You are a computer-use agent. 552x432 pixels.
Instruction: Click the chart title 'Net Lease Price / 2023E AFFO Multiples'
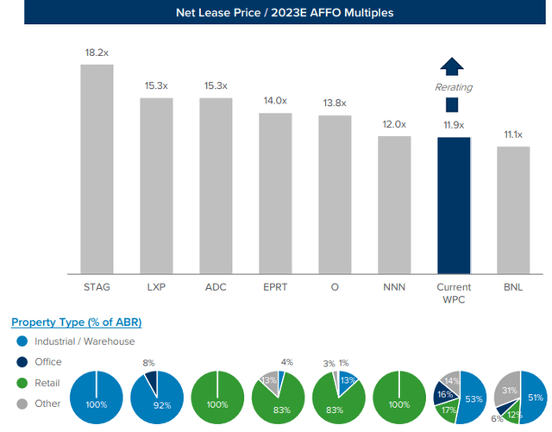pyautogui.click(x=276, y=13)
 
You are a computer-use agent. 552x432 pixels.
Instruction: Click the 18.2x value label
pyautogui.click(x=97, y=53)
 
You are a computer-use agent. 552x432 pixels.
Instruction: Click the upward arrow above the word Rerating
pyautogui.click(x=451, y=68)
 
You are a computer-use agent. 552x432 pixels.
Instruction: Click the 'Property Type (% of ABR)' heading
pyautogui.click(x=77, y=322)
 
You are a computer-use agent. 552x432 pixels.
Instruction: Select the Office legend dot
pyautogui.click(x=20, y=362)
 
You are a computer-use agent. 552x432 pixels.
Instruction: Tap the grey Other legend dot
pyautogui.click(x=20, y=402)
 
